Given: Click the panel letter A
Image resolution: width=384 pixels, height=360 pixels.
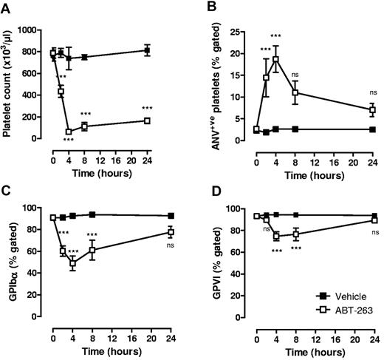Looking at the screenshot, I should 7,8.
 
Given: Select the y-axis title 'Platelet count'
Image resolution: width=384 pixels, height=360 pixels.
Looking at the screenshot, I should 10,84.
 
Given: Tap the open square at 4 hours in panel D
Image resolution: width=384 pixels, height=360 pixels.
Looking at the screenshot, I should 277,237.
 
